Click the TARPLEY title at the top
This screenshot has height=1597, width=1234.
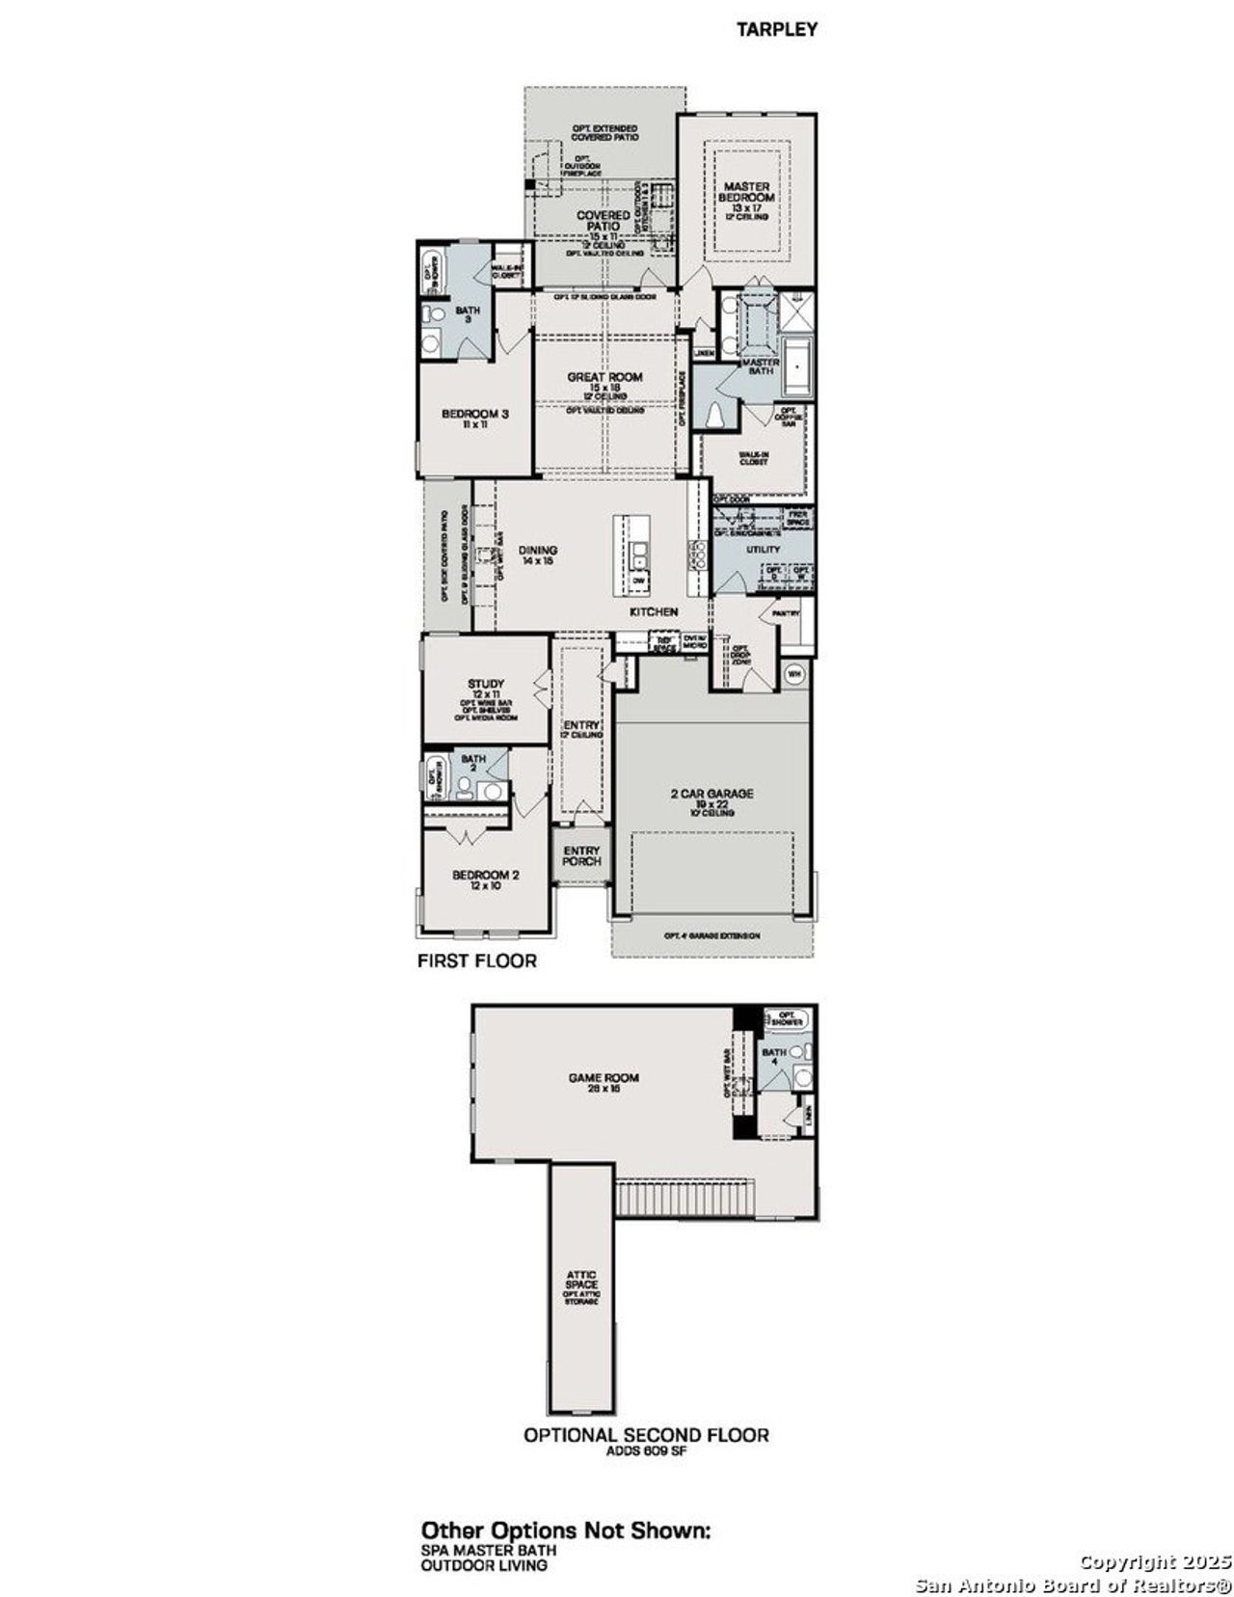pos(777,30)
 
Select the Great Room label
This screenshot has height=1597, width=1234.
pos(604,378)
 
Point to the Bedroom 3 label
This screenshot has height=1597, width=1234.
pos(474,415)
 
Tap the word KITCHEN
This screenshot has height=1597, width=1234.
pos(654,612)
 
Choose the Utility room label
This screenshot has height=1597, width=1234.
pos(763,550)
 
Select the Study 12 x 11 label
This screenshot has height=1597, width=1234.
pos(486,685)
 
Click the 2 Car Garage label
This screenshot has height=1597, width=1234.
pos(712,795)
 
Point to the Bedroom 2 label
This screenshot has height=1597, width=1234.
pos(486,877)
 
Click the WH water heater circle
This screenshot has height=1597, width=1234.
pos(795,673)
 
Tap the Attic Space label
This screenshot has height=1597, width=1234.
pos(581,1282)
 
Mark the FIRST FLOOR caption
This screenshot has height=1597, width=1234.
pos(476,961)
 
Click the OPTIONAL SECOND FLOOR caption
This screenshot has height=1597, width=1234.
pos(646,1435)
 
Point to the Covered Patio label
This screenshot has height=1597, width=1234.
pos(604,221)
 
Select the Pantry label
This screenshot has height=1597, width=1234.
pos(786,613)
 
